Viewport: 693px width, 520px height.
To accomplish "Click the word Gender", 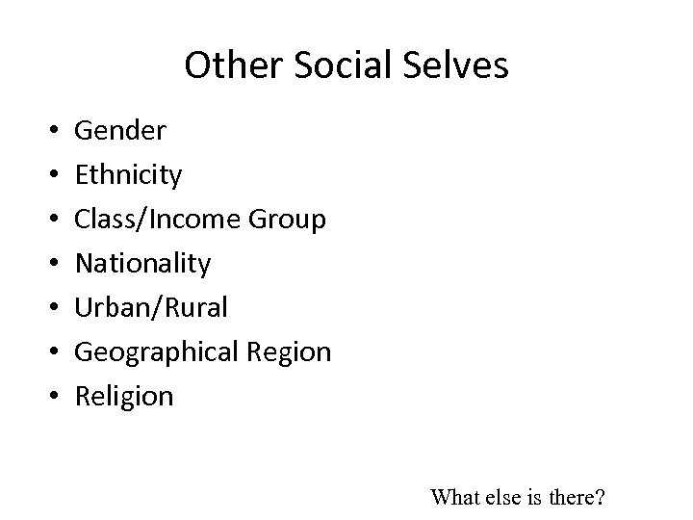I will click(x=120, y=131).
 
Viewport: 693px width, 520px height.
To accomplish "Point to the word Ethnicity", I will click(x=128, y=175).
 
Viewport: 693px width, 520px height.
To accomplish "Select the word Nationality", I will click(x=143, y=263).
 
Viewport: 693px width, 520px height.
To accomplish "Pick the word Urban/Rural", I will click(x=151, y=307).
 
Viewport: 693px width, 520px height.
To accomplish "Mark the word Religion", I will click(x=124, y=396).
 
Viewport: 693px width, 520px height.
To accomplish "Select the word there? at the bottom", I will click(x=577, y=497).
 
